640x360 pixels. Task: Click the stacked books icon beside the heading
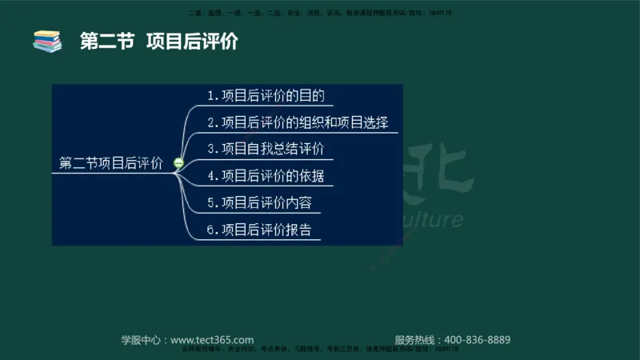(47, 41)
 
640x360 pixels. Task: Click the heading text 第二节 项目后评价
(158, 42)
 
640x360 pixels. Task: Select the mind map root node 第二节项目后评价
(111, 163)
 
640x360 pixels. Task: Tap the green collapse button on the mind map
(178, 163)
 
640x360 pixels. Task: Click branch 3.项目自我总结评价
(265, 149)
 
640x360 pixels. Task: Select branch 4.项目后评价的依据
(265, 175)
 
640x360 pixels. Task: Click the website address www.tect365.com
(212, 339)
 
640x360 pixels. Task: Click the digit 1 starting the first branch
(210, 96)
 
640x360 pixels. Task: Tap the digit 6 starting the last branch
(210, 230)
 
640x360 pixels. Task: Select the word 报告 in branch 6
(298, 230)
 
